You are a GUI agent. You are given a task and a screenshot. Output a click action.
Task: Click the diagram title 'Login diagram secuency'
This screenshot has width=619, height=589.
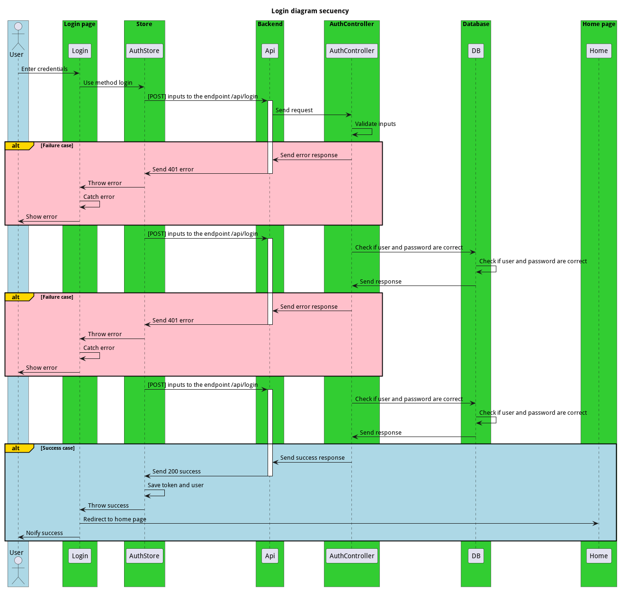coord(310,11)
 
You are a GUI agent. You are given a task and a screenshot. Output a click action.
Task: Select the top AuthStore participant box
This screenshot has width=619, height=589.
coord(144,51)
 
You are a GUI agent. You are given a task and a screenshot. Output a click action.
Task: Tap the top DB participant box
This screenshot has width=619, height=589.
coord(475,51)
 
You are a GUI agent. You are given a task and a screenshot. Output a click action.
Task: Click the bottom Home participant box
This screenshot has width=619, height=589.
coord(598,556)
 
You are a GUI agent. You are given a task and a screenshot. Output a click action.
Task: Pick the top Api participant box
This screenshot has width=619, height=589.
coord(270,51)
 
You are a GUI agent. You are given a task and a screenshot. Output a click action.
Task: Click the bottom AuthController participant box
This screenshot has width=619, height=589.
coord(351,556)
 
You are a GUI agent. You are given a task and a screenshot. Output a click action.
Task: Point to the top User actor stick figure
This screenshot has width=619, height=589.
coord(18,37)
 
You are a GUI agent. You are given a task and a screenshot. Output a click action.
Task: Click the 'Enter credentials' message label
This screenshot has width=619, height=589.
coord(45,69)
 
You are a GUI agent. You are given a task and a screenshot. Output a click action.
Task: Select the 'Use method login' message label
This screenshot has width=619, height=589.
coord(108,83)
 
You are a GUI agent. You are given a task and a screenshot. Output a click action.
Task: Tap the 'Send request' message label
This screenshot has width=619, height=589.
coord(294,110)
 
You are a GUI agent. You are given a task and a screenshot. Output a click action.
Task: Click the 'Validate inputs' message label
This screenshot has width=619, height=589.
coord(375,124)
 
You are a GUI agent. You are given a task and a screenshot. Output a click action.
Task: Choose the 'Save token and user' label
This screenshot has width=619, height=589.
coord(175,485)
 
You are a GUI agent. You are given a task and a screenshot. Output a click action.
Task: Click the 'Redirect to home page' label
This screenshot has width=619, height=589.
coord(115,519)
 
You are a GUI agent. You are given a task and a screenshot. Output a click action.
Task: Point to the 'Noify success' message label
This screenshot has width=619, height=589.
coord(45,533)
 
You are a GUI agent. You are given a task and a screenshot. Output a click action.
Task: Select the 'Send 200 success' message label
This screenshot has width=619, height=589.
coord(176,472)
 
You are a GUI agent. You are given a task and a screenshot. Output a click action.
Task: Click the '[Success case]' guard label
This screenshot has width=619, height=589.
coord(57,448)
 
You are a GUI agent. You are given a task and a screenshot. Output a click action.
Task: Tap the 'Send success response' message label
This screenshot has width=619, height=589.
coord(312,458)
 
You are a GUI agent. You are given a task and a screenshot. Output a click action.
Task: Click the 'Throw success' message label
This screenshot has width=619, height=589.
coord(108,506)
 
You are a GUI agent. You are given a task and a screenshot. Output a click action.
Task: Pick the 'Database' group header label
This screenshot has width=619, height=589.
coord(475,24)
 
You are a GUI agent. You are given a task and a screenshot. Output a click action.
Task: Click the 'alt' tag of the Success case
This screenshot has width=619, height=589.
coord(16,448)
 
